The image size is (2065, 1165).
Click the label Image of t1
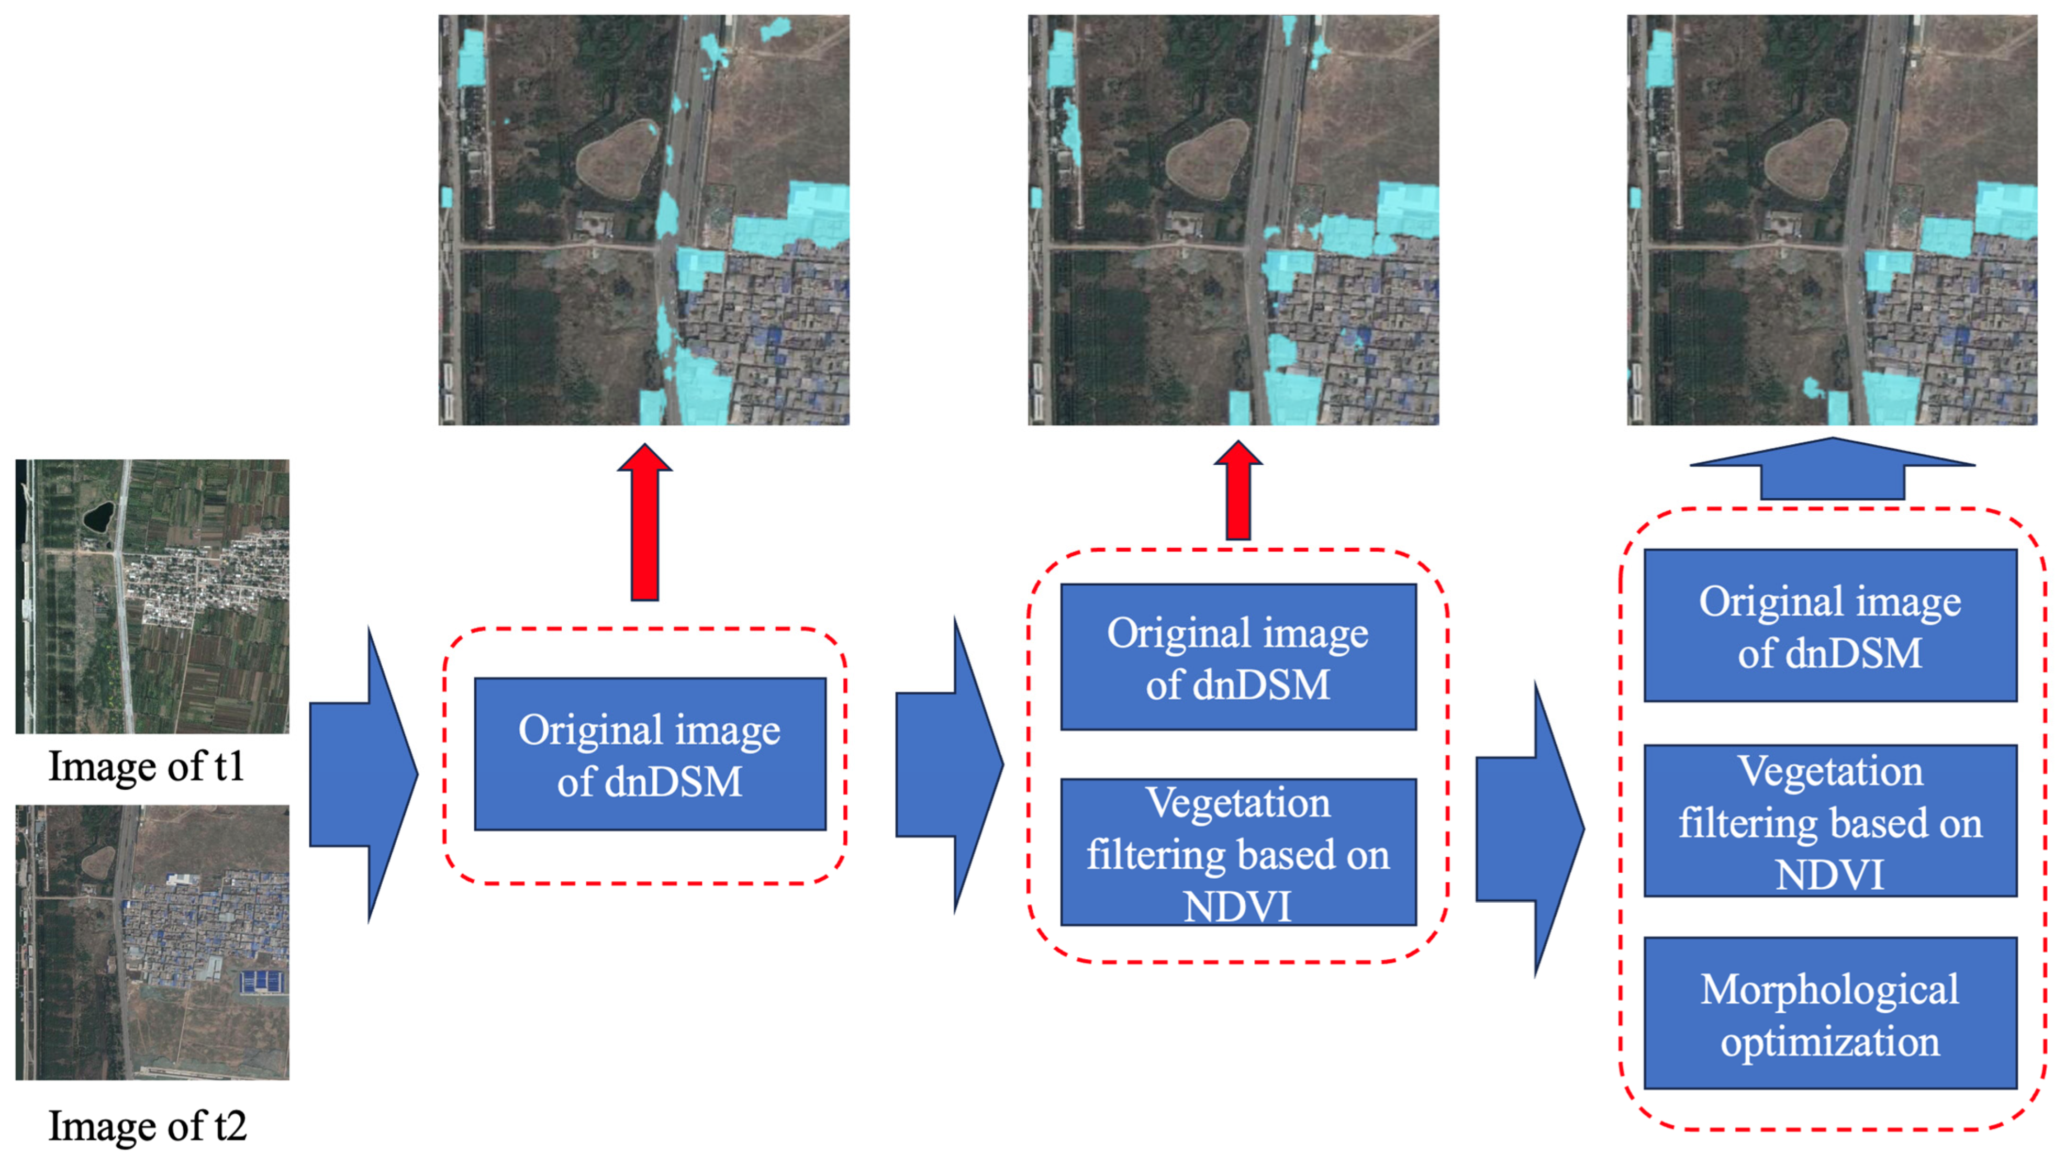click(x=146, y=766)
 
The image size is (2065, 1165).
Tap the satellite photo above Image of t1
click(x=152, y=596)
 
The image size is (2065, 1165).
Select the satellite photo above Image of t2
click(x=152, y=942)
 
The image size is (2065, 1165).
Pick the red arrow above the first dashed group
click(x=644, y=522)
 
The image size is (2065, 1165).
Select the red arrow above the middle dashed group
click(x=1238, y=490)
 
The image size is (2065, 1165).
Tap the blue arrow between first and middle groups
click(x=949, y=765)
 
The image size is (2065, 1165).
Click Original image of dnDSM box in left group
click(x=650, y=754)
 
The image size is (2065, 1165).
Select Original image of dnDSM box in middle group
click(x=1238, y=657)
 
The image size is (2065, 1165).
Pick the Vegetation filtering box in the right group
click(x=1830, y=821)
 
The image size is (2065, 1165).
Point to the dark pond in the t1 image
click(x=98, y=517)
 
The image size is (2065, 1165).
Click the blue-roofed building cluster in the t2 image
click(x=261, y=981)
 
